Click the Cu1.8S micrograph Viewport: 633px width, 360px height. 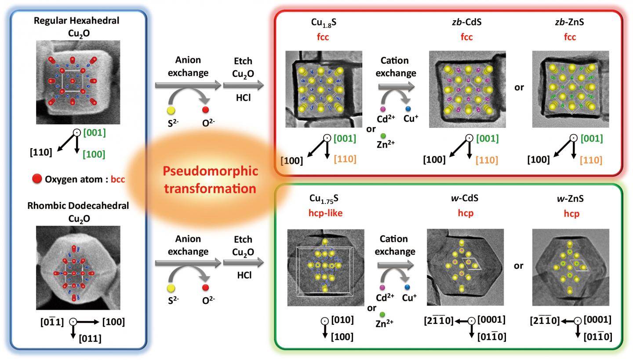324,89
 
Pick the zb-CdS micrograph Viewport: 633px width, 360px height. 467,89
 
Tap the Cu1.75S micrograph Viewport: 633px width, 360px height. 325,267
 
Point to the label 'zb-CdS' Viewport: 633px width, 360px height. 466,22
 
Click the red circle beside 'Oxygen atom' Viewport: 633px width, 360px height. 37,179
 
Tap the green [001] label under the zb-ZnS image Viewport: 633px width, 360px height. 592,139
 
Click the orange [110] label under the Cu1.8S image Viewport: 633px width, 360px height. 346,159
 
